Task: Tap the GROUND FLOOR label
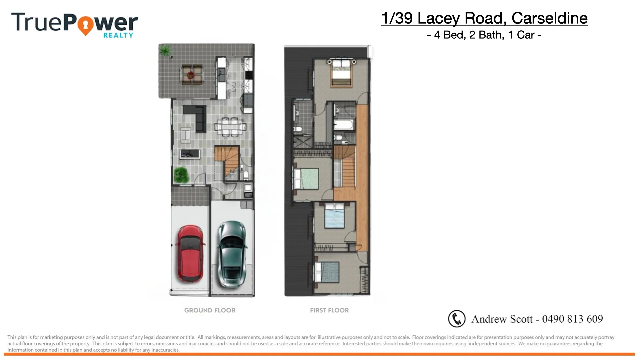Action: (x=210, y=310)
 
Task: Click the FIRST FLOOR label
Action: (x=329, y=310)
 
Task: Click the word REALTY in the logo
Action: (x=118, y=35)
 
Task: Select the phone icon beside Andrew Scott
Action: (x=457, y=319)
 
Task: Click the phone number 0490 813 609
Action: (x=572, y=319)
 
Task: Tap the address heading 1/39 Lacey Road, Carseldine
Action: (x=484, y=18)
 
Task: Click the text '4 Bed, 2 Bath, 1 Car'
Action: (x=484, y=35)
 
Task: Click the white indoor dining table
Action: (x=230, y=127)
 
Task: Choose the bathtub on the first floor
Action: (x=344, y=125)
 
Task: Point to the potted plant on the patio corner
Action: (x=165, y=51)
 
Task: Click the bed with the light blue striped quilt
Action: (x=334, y=215)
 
